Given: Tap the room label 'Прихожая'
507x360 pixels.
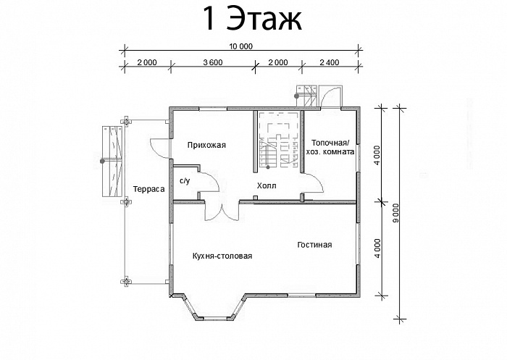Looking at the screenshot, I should click(x=206, y=145).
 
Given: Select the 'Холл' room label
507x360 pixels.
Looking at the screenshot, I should click(x=266, y=186).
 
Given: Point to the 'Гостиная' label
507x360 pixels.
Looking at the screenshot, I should click(x=314, y=245).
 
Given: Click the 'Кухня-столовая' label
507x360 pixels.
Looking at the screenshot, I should click(x=222, y=256).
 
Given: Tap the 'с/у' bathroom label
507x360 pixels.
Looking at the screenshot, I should click(x=184, y=181).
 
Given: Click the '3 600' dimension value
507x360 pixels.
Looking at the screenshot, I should click(x=212, y=62).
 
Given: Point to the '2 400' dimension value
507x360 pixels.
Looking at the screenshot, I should click(x=328, y=62).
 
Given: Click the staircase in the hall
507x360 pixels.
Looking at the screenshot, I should click(x=277, y=143).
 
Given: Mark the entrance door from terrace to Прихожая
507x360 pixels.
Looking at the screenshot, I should click(x=159, y=145).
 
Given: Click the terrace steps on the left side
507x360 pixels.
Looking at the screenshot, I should click(x=112, y=159).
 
